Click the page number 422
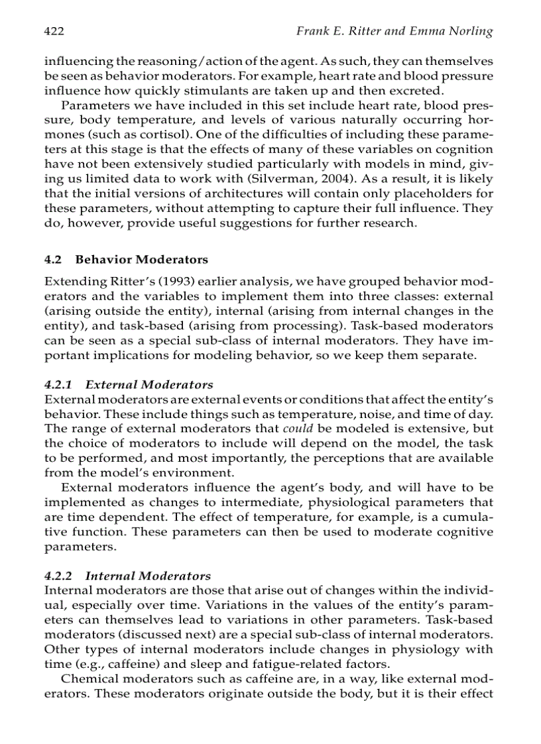click(x=54, y=31)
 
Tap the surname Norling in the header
click(x=469, y=31)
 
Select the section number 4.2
click(x=52, y=259)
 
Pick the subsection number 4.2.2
click(x=59, y=576)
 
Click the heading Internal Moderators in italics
click(x=149, y=576)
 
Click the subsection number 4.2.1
click(x=59, y=384)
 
